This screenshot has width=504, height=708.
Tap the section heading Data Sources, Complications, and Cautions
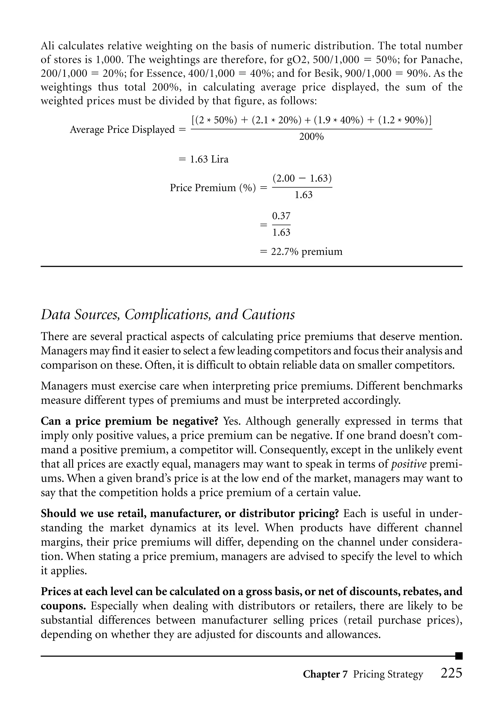(168, 315)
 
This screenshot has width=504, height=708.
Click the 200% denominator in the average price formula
(311, 137)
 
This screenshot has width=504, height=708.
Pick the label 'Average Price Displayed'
(122, 129)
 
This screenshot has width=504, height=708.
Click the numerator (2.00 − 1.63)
(302, 178)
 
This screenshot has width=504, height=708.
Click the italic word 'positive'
(409, 464)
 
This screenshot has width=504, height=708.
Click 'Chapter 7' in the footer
(325, 674)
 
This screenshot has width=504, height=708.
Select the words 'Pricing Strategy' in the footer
(388, 674)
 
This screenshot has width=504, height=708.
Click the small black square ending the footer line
(459, 656)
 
